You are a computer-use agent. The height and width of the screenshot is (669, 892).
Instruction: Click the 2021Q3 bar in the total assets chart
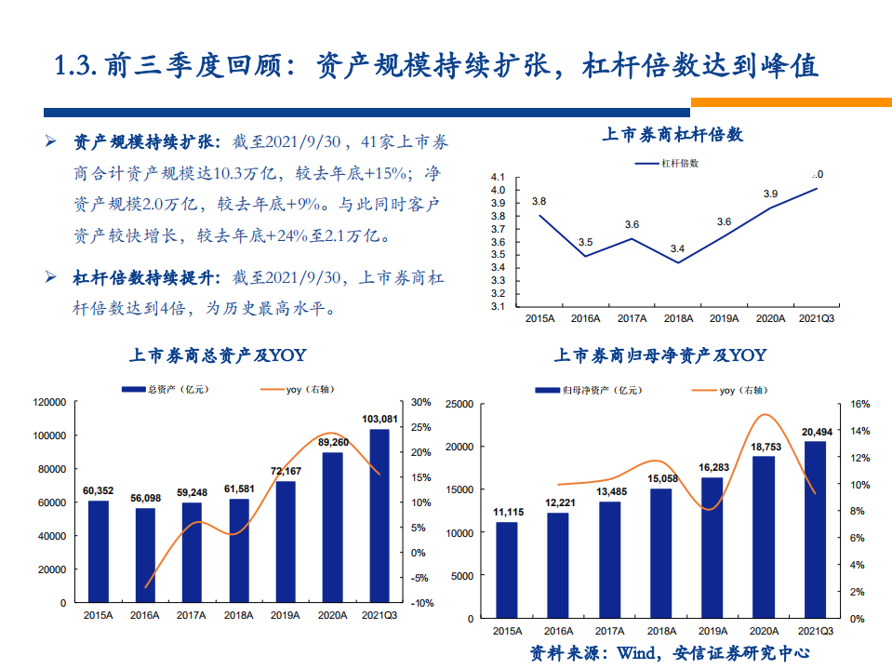379,515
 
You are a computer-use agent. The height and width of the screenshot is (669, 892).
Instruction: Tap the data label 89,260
333,442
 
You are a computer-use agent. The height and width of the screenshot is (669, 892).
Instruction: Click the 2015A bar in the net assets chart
506,569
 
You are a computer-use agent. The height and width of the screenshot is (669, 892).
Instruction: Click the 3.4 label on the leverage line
677,248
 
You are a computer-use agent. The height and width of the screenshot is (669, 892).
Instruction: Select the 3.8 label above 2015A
539,201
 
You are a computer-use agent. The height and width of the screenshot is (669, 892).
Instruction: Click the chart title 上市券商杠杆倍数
672,135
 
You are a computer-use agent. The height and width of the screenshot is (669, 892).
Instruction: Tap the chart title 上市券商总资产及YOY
217,355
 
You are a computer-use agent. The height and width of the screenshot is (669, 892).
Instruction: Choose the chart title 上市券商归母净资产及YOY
660,355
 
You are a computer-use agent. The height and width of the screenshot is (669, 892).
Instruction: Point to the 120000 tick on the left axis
49,402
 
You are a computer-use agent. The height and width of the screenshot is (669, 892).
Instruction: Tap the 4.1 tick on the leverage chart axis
497,177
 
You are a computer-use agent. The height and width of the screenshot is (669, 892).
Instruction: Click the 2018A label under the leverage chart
678,318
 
